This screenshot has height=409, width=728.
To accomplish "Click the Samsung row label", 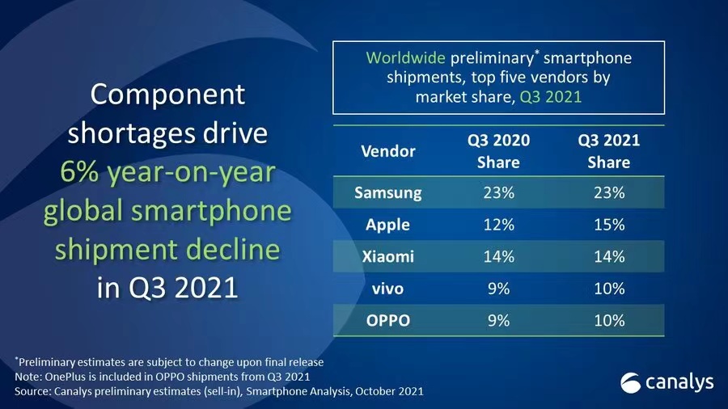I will pos(387,193).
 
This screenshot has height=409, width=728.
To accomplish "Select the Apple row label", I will pos(387,225).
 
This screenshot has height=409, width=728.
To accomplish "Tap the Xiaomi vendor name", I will pos(387,257).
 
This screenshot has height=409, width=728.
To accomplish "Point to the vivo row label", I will pos(387,289).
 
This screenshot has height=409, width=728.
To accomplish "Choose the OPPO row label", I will pos(387,321).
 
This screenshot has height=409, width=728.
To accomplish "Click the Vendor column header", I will pos(387,151).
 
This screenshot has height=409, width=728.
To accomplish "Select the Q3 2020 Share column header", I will pos(498,151).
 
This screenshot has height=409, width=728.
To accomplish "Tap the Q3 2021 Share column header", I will pos(608,151).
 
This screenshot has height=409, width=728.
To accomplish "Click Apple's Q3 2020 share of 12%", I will pos(498,225).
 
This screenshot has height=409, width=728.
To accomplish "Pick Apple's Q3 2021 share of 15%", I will pos(608,225).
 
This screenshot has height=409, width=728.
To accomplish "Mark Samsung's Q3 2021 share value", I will pos(608,193).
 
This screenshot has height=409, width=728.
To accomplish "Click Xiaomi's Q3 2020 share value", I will pos(498,257).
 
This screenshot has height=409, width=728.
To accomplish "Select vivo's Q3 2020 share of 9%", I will pos(498,289).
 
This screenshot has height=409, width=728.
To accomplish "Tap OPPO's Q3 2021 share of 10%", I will pos(608,321).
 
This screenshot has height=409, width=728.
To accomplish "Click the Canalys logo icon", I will pos(632,382).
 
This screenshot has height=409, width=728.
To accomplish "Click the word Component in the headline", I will pos(167,95).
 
